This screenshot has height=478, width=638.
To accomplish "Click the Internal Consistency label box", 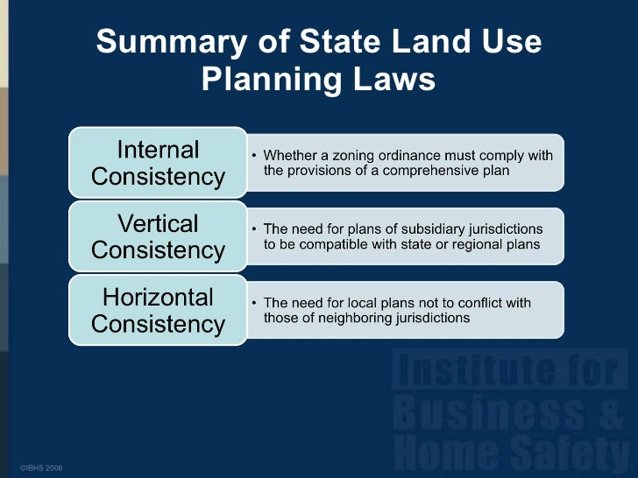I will pos(159,163).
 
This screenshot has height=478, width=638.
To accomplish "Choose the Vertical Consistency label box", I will pos(159,236).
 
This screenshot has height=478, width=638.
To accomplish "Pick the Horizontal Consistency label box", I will pos(159,310).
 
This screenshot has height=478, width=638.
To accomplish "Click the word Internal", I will pos(159,149).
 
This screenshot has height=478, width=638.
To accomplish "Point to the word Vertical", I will pos(159,222).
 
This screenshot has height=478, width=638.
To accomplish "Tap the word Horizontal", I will pos(159,296).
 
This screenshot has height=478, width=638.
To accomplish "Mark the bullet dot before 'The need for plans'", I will pos(255,229).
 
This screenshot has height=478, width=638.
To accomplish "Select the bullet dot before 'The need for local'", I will pos(255,304).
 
